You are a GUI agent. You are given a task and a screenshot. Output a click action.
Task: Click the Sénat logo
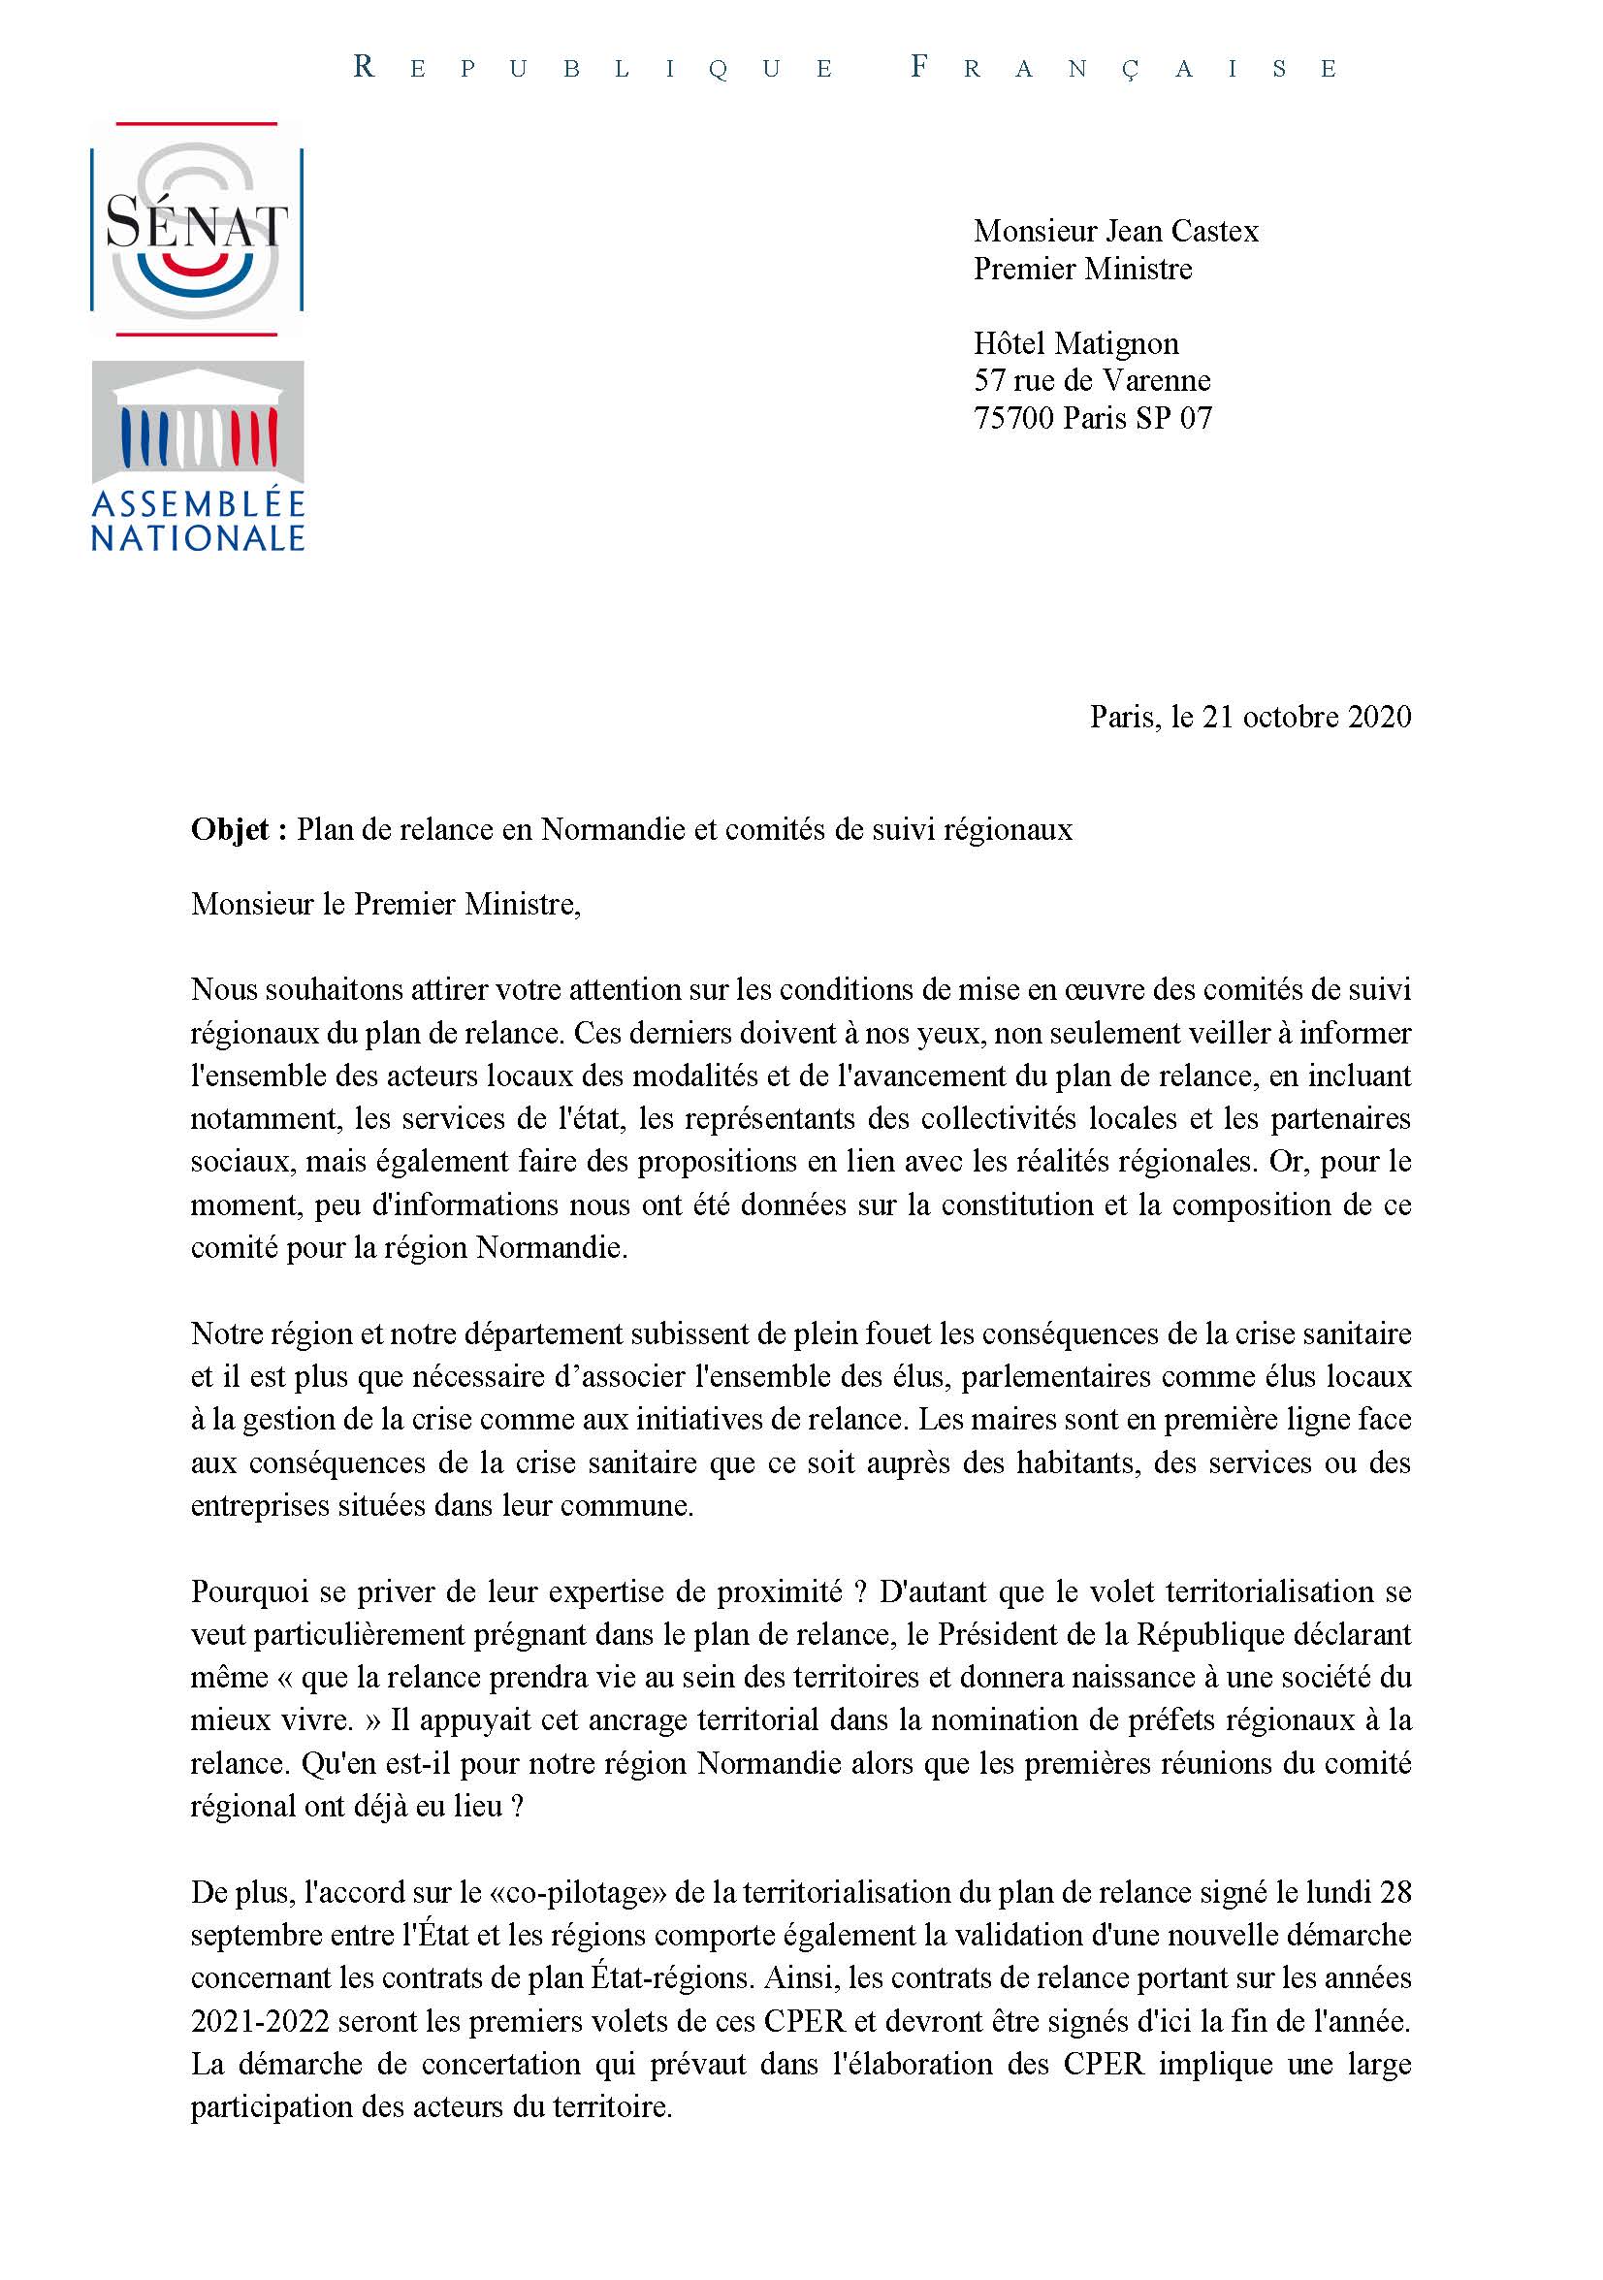pyautogui.click(x=197, y=229)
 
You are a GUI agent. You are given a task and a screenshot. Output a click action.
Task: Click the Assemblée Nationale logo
pyautogui.click(x=198, y=455)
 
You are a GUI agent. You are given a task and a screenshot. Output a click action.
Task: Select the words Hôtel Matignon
pyautogui.click(x=1075, y=343)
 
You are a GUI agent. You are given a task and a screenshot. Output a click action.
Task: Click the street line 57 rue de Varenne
pyautogui.click(x=1092, y=380)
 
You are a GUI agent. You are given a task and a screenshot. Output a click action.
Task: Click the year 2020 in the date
pyautogui.click(x=1379, y=717)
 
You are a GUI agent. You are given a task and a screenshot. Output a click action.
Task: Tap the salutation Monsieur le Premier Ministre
pyautogui.click(x=385, y=904)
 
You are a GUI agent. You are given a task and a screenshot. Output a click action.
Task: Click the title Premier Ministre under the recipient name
pyautogui.click(x=1081, y=269)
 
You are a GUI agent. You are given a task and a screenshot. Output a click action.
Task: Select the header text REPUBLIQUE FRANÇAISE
pyautogui.click(x=846, y=68)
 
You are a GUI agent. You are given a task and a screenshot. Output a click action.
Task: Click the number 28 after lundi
pyautogui.click(x=1395, y=1893)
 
